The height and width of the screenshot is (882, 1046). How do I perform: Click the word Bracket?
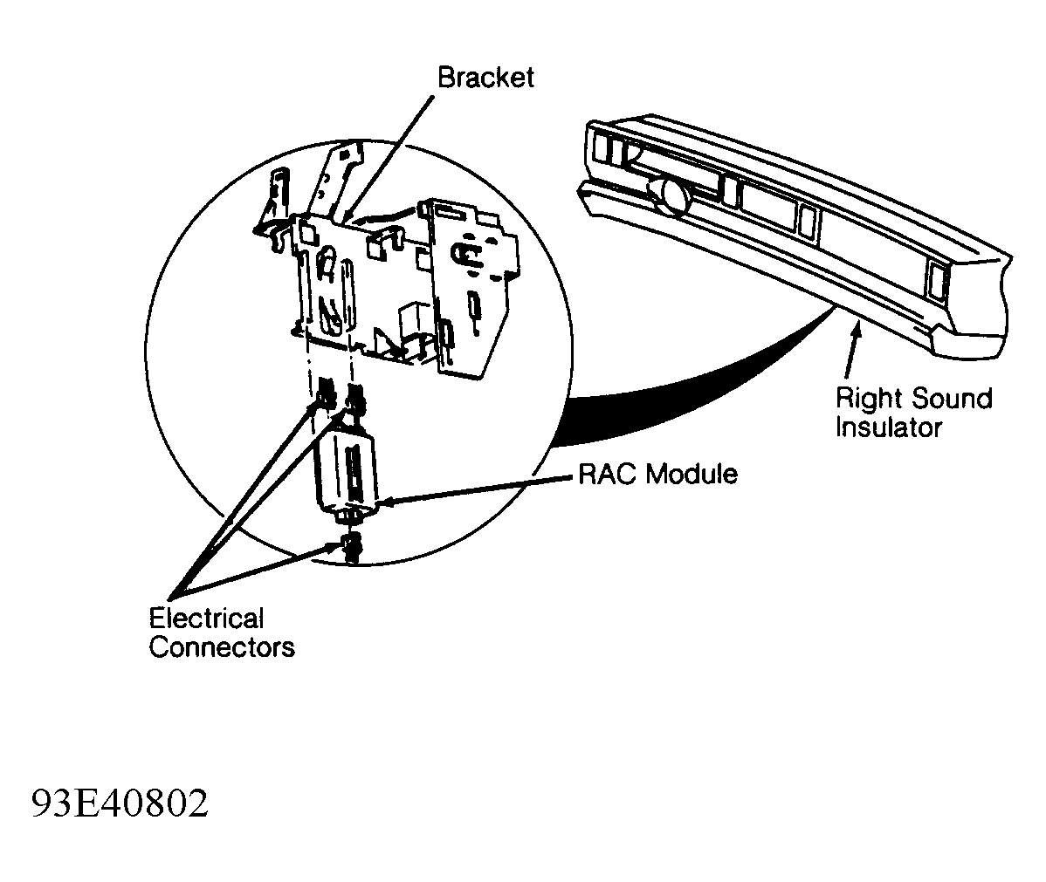pos(485,78)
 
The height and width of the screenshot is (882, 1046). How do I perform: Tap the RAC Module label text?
pos(657,474)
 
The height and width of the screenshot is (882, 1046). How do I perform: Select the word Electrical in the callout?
pos(206,619)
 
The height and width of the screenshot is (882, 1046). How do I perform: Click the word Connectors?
pos(222,647)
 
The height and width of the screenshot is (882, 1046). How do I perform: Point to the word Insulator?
pos(888,427)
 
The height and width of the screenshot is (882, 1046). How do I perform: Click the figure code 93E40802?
pos(120,803)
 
